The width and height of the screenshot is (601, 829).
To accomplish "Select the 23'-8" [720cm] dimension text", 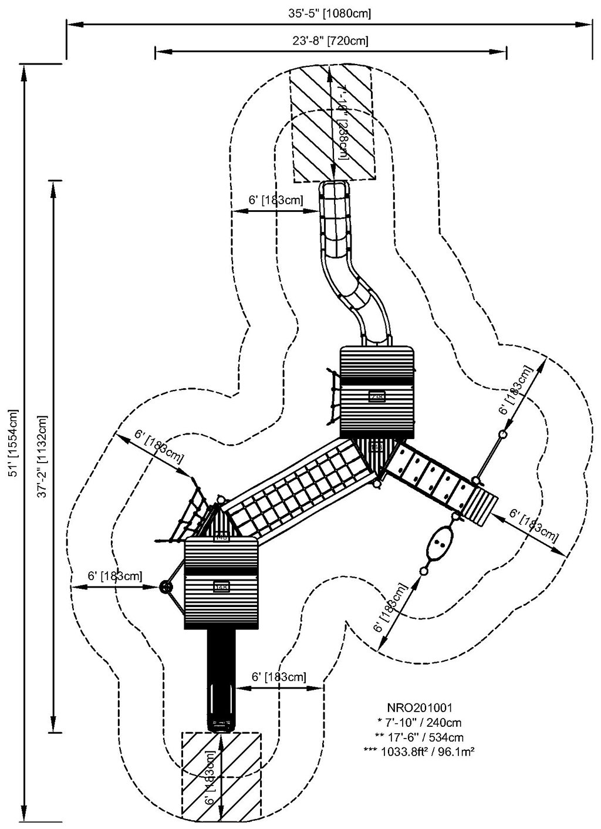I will tap(330, 41).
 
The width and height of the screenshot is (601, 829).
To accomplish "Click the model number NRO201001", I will tap(418, 708).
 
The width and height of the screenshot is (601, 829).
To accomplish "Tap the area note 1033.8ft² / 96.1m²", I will tap(418, 750).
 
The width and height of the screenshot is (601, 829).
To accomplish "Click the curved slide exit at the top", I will tap(334, 194).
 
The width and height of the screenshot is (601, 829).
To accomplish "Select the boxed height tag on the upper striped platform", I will tap(377, 396).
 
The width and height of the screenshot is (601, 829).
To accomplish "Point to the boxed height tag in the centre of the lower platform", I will tap(221, 586).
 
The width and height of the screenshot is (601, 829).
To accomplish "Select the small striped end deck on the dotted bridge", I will tap(483, 504).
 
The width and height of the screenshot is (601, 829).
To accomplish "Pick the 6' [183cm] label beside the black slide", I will tap(278, 677).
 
